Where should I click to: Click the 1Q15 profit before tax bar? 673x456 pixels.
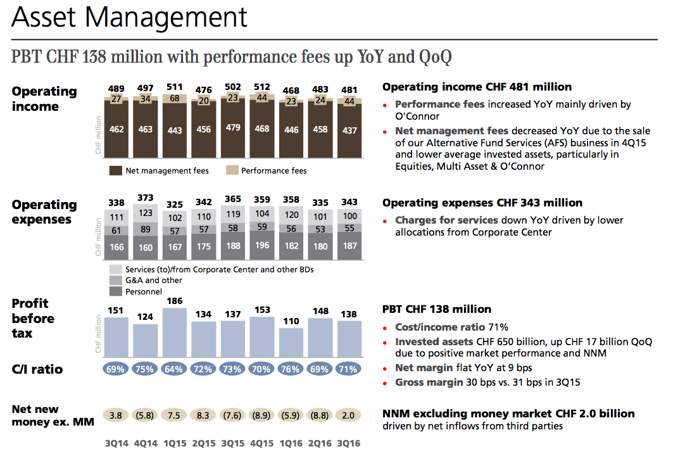coord(175,332)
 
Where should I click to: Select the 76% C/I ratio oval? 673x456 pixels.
coord(291,369)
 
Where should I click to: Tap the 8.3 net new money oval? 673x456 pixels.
coord(204,415)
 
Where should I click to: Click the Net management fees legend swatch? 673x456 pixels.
coord(115,170)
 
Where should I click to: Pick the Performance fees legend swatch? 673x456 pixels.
coord(232,170)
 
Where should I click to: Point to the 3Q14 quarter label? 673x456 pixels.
coord(116,444)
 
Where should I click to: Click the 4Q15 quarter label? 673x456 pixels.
coord(262,444)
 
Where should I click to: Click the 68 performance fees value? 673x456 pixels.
coord(175,98)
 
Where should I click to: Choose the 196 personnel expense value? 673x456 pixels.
coord(262,246)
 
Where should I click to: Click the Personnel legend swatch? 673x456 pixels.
coord(115,291)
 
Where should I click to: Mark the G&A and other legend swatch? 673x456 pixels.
coord(115,280)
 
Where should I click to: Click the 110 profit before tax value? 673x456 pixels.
coord(291,322)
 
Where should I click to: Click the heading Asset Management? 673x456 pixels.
coord(129,18)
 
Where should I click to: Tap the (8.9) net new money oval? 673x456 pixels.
coord(262,415)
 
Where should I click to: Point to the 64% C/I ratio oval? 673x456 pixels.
coord(175,369)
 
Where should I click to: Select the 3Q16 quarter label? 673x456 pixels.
coord(349,444)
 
